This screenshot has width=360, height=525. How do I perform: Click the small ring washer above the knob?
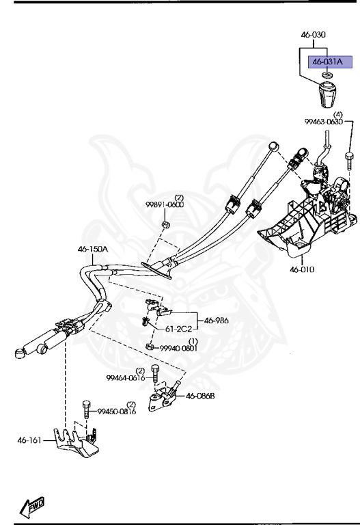[x=327, y=75]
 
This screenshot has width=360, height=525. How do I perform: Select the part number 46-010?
[x=301, y=270]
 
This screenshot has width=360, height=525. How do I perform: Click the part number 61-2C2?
[x=179, y=329]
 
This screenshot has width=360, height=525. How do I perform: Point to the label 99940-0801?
[x=178, y=348]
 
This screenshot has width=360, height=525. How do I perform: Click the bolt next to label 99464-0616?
[x=156, y=374]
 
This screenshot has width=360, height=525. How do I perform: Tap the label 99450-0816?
[x=115, y=412]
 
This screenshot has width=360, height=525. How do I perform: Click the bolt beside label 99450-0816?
[x=86, y=408]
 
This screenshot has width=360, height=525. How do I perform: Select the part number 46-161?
[x=30, y=441]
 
